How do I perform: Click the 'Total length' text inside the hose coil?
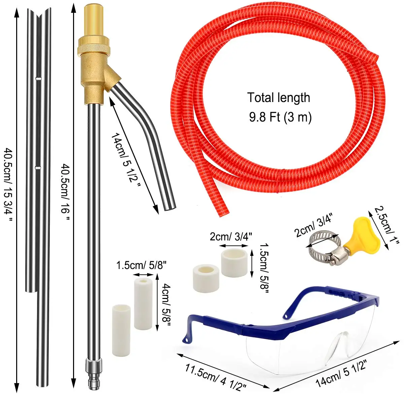tap(278, 98)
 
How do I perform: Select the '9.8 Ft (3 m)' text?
tap(280, 117)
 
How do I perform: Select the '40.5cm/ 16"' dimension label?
tap(65, 192)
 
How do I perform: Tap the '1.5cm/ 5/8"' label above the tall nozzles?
tap(141, 265)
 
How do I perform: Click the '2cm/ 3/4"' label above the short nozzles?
tap(231, 236)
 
